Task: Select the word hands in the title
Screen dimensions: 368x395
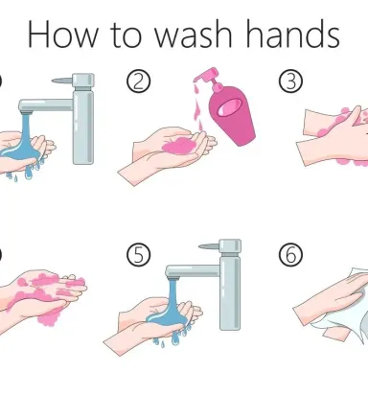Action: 293,34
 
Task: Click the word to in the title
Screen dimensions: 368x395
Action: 126,35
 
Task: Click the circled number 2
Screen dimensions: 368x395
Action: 138,81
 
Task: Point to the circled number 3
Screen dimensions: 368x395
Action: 290,81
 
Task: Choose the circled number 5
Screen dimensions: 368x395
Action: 138,255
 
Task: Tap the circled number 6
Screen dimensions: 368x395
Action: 290,255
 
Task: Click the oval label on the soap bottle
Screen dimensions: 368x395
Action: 229,107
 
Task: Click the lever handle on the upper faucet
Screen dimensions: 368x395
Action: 62,81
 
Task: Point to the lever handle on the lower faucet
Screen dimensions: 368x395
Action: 210,246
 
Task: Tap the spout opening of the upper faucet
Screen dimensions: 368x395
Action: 26,112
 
